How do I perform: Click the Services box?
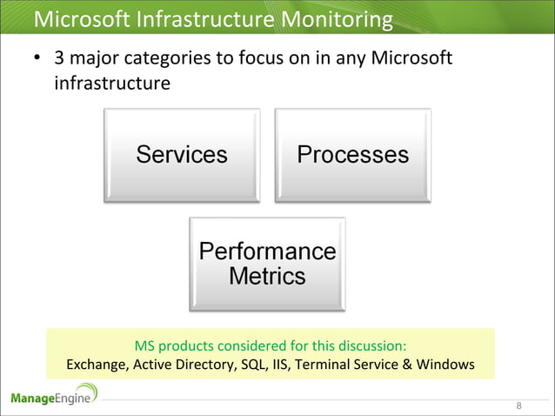[181, 155]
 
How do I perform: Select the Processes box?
[352, 155]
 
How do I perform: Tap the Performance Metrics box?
[267, 264]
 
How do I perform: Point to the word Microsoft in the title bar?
[79, 18]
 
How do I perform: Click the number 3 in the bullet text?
[59, 59]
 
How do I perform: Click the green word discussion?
[371, 344]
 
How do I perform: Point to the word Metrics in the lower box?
[267, 277]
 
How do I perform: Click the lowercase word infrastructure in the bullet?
[110, 85]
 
